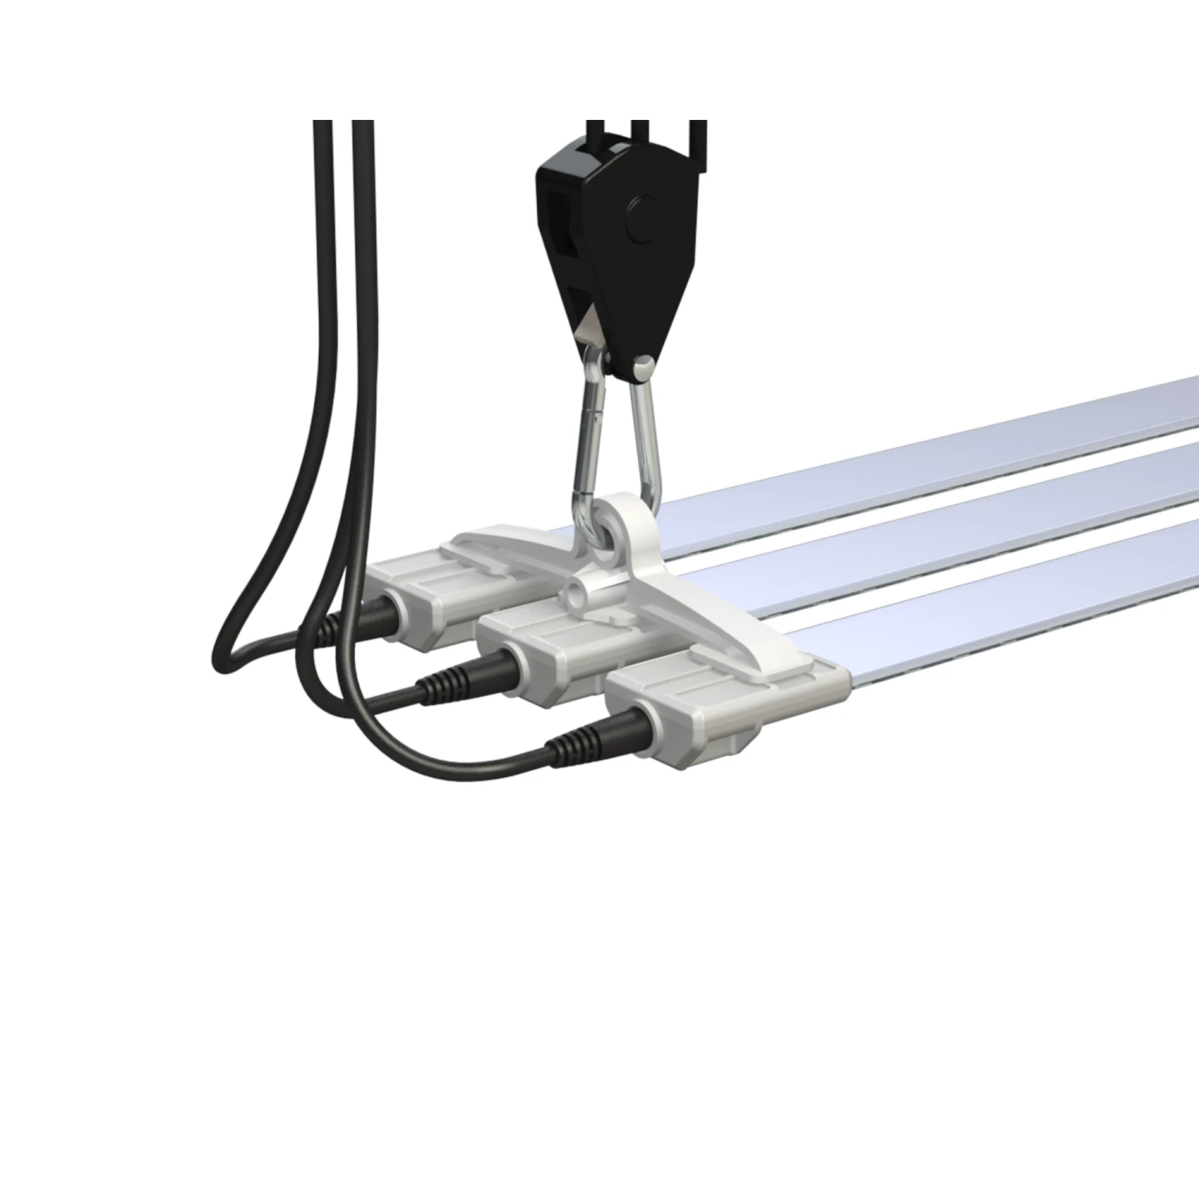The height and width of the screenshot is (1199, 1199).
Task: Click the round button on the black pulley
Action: click(642, 218)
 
